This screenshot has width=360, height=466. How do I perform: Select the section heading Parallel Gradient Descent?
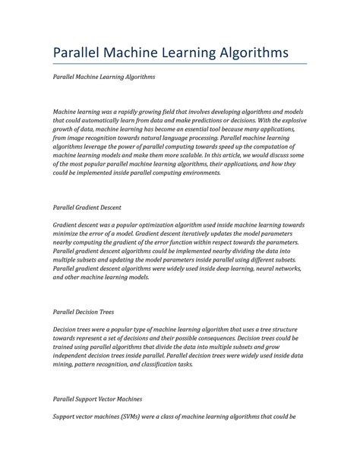click(x=87, y=206)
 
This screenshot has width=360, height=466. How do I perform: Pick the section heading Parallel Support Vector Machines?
click(x=98, y=398)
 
